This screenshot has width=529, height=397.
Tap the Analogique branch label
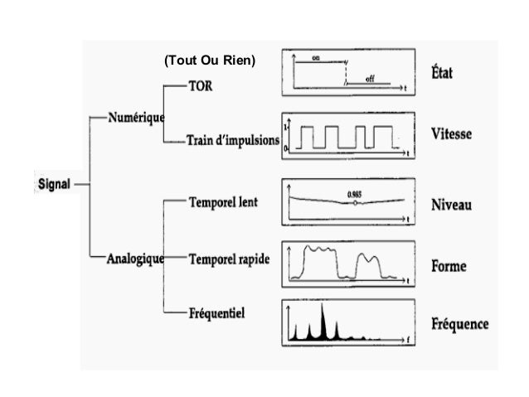click(136, 257)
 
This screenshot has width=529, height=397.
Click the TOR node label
click(201, 86)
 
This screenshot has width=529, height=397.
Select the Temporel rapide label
click(229, 258)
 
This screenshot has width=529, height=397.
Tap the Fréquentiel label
click(219, 312)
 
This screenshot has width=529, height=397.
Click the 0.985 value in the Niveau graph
click(355, 191)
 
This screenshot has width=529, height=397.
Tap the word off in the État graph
click(370, 76)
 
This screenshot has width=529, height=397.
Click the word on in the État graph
click(317, 57)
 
